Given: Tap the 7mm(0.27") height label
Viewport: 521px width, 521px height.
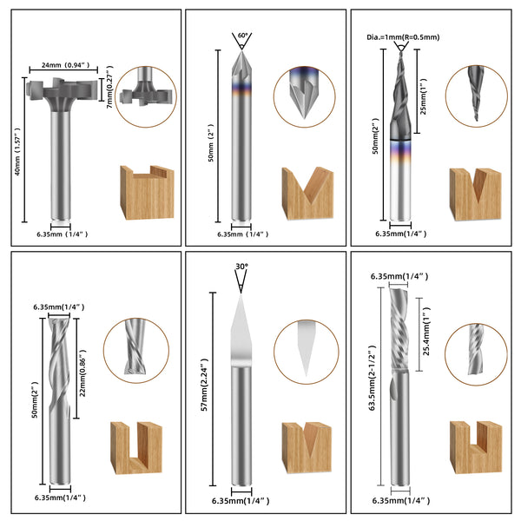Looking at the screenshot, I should click(x=109, y=89).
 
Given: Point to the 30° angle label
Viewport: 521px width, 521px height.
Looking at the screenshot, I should click(x=241, y=267).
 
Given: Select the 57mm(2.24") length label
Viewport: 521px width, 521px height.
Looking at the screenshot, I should click(x=205, y=388).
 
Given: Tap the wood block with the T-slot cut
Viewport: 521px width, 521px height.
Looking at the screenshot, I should click(x=142, y=193).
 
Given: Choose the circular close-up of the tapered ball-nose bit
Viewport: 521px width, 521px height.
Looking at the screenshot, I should click(x=476, y=96).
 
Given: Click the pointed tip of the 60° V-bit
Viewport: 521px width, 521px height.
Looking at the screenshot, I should click(x=241, y=53).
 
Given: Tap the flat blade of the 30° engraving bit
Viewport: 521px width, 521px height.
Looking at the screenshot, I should click(x=241, y=330).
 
